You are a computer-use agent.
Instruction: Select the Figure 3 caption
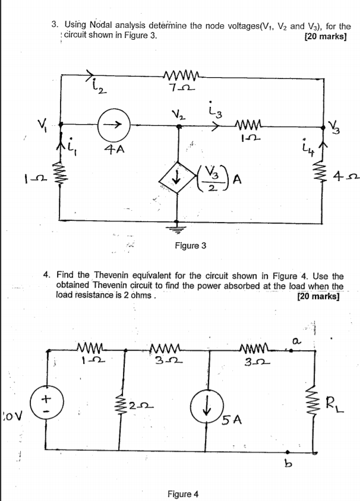[190, 244]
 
